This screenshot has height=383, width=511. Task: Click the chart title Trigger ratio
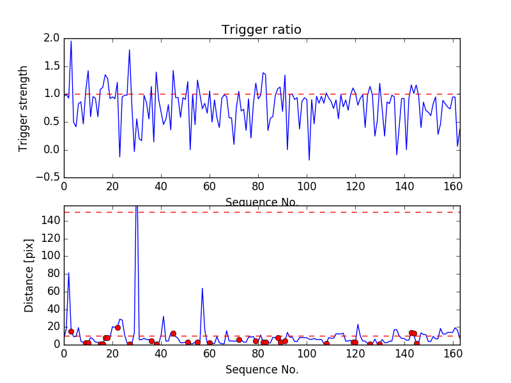pyautogui.click(x=261, y=30)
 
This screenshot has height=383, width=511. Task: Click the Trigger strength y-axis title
pyautogui.click(x=24, y=108)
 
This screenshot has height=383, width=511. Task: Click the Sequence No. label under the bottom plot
pyautogui.click(x=262, y=370)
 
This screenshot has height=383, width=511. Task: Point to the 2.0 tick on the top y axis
pyautogui.click(x=52, y=38)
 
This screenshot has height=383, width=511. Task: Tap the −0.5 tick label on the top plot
pyautogui.click(x=48, y=177)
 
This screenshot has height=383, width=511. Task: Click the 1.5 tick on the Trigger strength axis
pyautogui.click(x=52, y=66)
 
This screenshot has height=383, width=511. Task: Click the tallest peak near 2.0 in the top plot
pyautogui.click(x=71, y=41)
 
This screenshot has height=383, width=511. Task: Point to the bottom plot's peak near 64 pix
pyautogui.click(x=202, y=288)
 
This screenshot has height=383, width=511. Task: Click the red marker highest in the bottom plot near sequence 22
pyautogui.click(x=118, y=327)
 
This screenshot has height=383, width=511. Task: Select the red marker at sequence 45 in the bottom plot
pyautogui.click(x=173, y=333)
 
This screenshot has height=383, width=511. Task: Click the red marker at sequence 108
pyautogui.click(x=326, y=343)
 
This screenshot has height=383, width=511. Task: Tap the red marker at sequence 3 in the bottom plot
pyautogui.click(x=71, y=331)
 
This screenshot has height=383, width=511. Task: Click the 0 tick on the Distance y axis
pyautogui.click(x=56, y=344)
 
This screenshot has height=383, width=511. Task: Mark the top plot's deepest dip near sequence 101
pyautogui.click(x=309, y=160)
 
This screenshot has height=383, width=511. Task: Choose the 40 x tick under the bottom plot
pyautogui.click(x=161, y=354)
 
